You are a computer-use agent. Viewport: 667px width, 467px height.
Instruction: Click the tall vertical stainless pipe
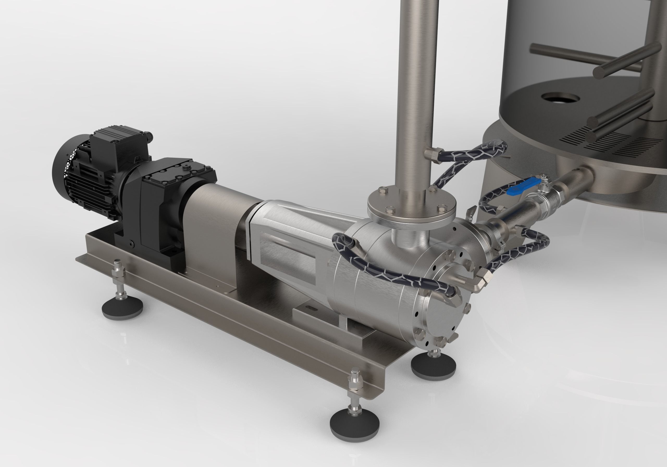[415, 87]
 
